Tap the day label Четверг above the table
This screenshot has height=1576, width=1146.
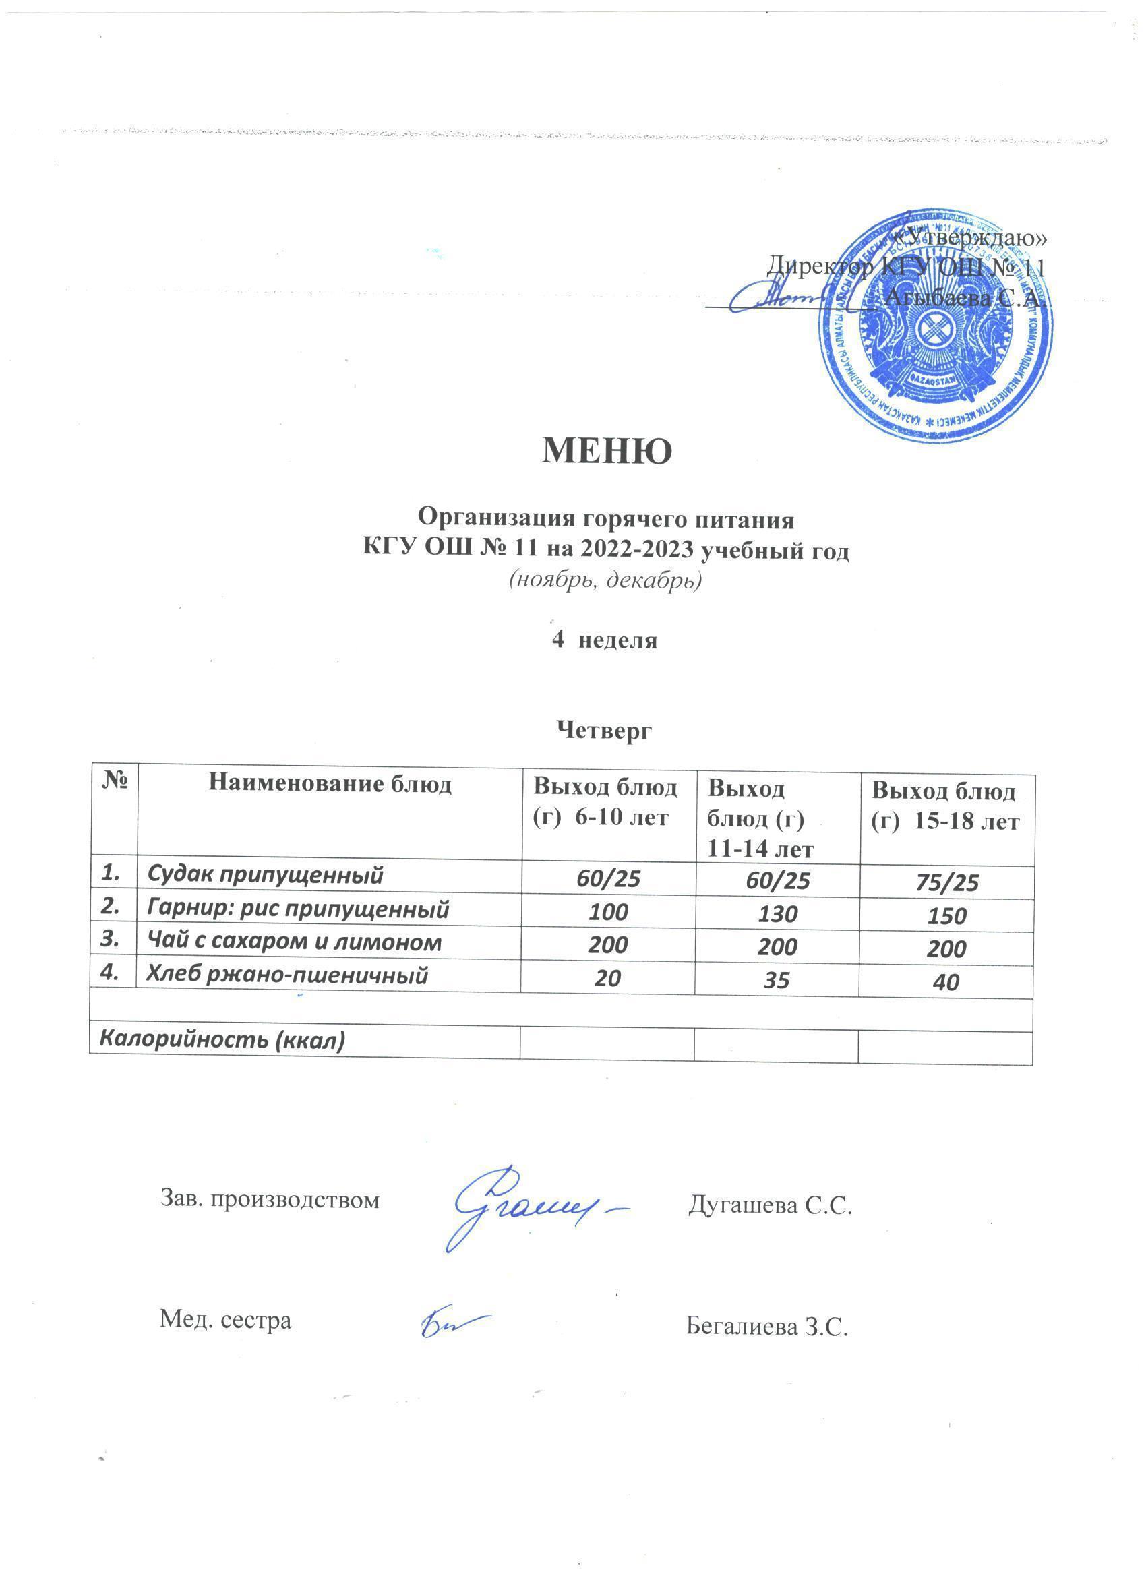click(604, 730)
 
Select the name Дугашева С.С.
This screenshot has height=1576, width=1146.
click(770, 1206)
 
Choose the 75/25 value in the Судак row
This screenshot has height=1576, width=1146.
click(946, 882)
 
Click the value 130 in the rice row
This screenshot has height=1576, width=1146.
click(777, 914)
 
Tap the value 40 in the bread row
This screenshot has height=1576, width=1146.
click(946, 982)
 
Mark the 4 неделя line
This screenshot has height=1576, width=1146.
click(604, 640)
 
